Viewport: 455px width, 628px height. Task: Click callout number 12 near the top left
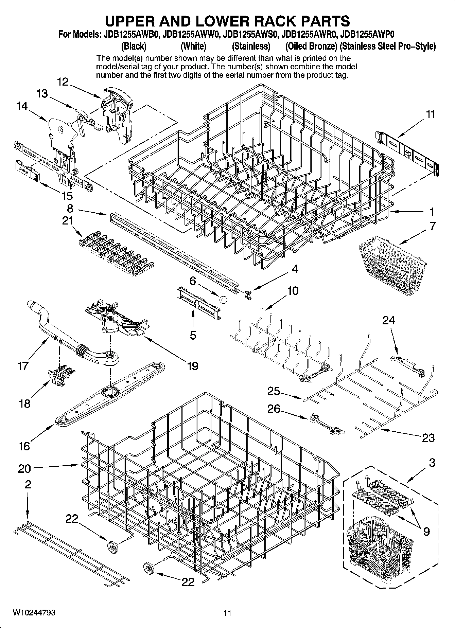click(x=63, y=82)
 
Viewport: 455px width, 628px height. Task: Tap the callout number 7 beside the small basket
click(x=432, y=226)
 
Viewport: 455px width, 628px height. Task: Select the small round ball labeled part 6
click(x=223, y=299)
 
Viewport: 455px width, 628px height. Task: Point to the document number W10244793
click(x=34, y=612)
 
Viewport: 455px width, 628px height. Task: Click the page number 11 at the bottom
click(x=227, y=613)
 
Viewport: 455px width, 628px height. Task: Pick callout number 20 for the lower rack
click(x=24, y=469)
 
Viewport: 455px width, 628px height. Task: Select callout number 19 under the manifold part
click(x=192, y=366)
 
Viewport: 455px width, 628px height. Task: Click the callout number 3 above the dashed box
click(x=432, y=463)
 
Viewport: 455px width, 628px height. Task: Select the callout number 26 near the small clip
click(x=274, y=409)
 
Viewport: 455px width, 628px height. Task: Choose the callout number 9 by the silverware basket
click(x=426, y=531)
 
